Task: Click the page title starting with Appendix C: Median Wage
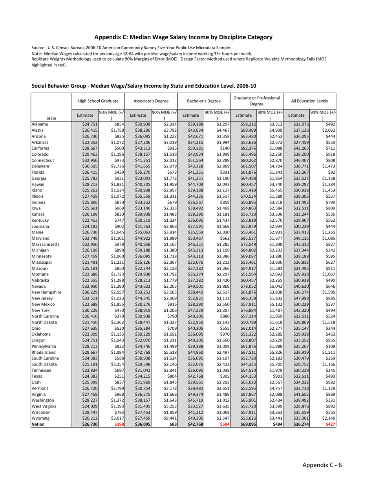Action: pyautogui.click(x=183, y=37)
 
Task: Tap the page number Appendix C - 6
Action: pyautogui.click(x=322, y=465)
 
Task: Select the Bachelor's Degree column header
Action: pyautogui.click(x=204, y=101)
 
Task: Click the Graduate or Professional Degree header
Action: pyautogui.click(x=257, y=101)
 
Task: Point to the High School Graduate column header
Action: pyautogui.click(x=98, y=101)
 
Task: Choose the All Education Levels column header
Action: pyautogui.click(x=309, y=101)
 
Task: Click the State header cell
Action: pyautogui.click(x=51, y=118)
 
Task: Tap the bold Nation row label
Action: pyautogui.click(x=38, y=424)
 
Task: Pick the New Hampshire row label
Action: pyautogui.click(x=46, y=292)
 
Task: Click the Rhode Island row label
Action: pyautogui.click(x=44, y=352)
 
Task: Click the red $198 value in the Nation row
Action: pyautogui.click(x=117, y=424)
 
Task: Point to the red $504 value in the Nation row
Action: pyautogui.click(x=223, y=424)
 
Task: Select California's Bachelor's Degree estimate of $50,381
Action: pyautogui.click(x=195, y=148)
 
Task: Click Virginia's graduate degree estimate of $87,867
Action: pyautogui.click(x=248, y=394)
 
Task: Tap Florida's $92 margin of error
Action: pyautogui.click(x=331, y=172)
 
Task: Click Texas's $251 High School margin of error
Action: pyautogui.click(x=117, y=376)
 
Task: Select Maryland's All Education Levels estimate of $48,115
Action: pyautogui.click(x=301, y=238)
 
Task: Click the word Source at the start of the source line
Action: pyautogui.click(x=38, y=48)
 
